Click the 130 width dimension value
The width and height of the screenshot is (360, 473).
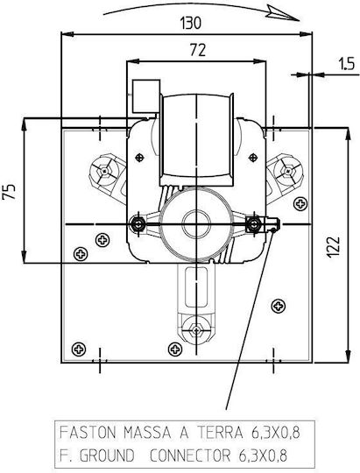190,24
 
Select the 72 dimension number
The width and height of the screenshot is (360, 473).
198,50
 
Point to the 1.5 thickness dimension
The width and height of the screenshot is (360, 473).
346,64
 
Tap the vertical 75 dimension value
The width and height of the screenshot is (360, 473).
9,192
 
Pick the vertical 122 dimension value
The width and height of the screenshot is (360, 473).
333,247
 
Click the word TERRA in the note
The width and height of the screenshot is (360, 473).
220,433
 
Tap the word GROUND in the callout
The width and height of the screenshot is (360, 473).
107,455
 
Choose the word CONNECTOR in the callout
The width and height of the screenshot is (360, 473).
190,455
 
